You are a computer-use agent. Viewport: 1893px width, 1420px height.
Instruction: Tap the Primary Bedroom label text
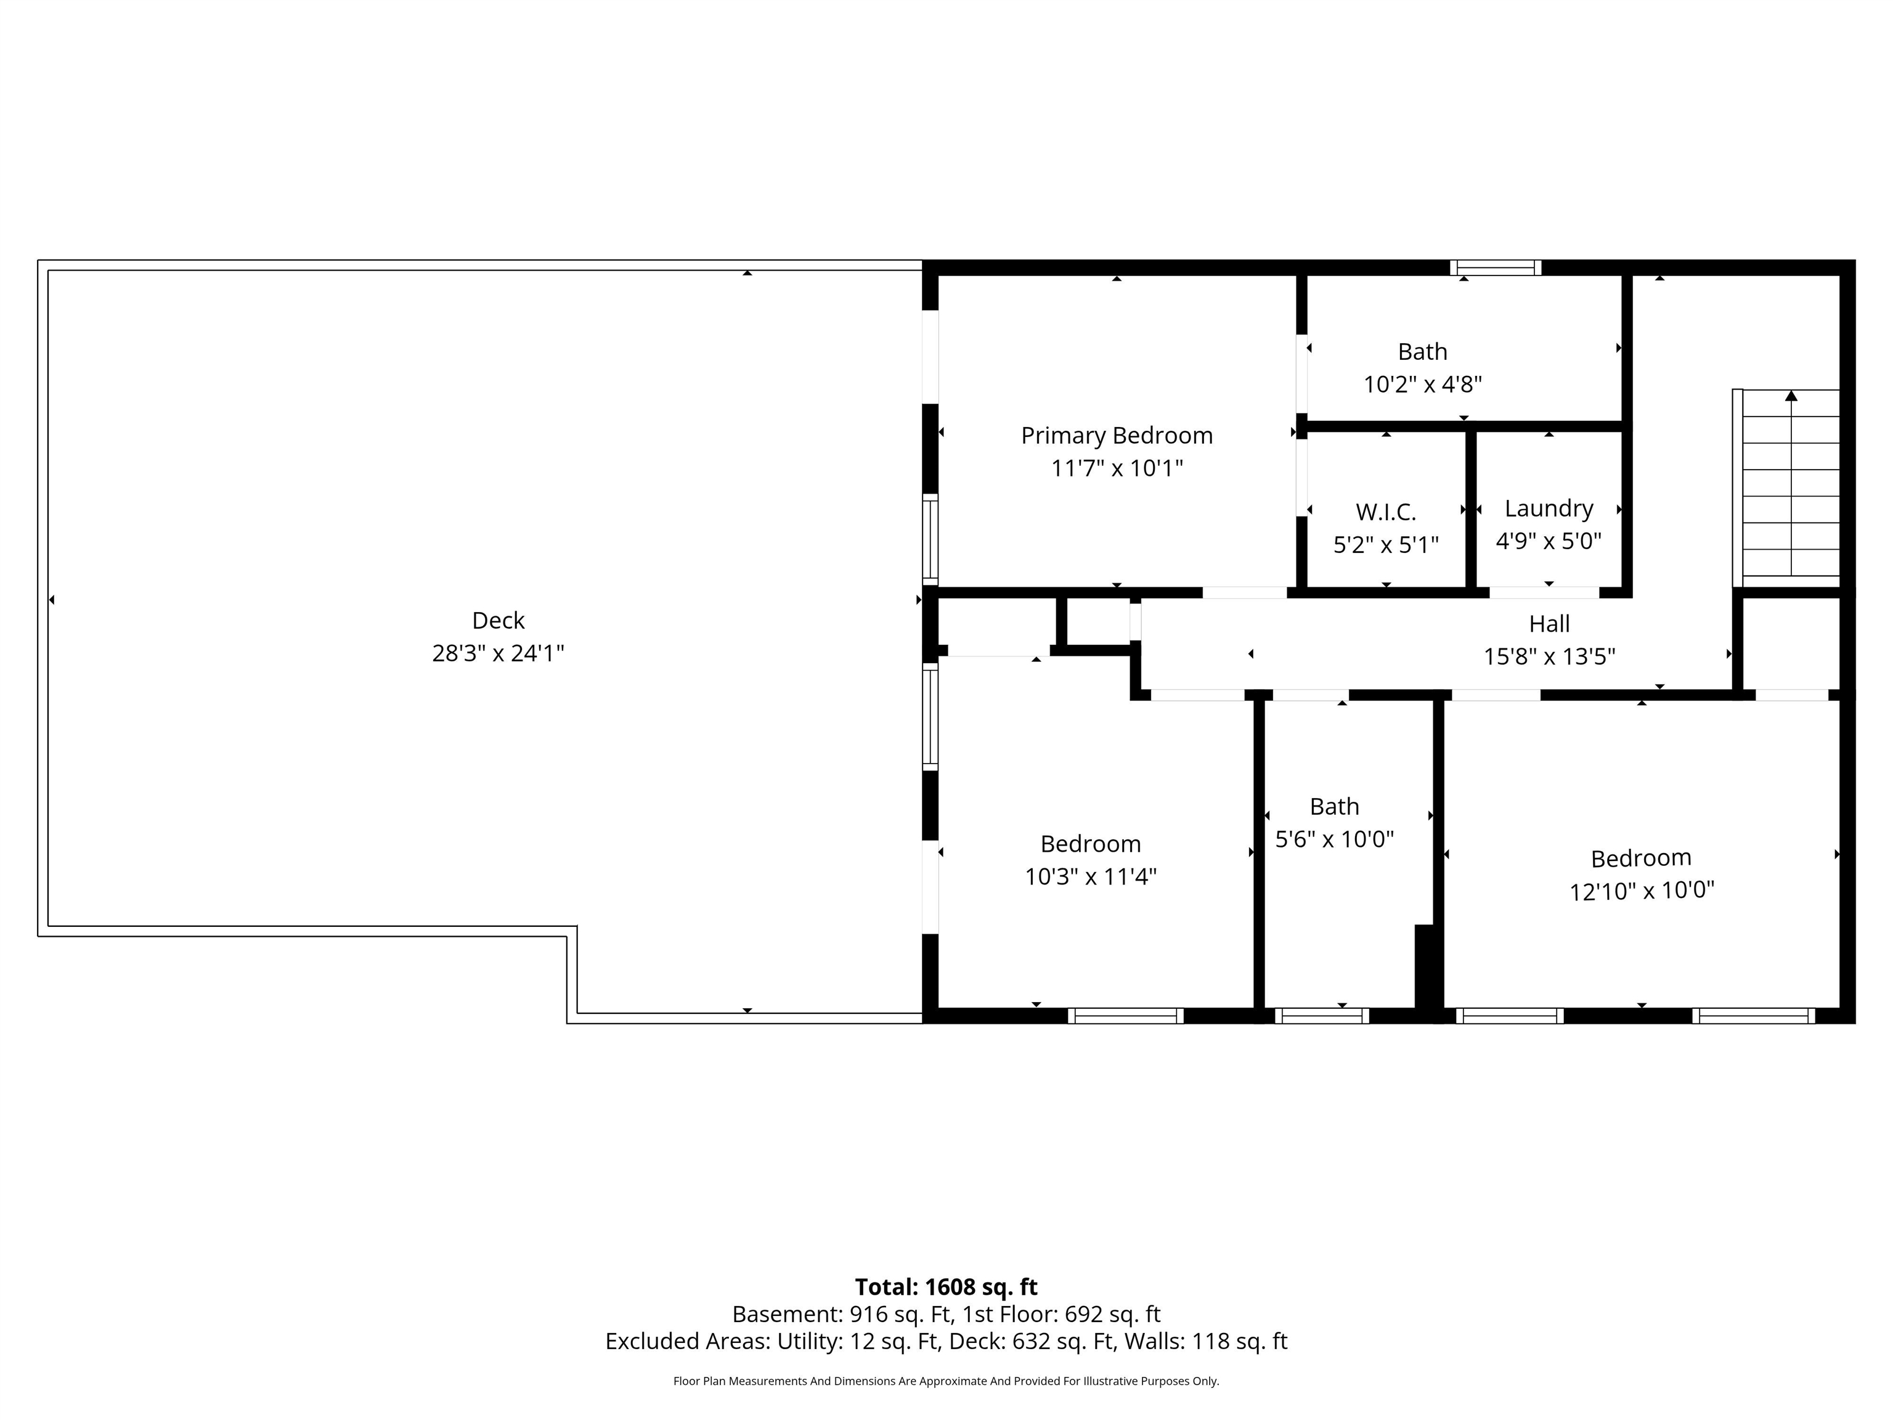[x=1117, y=436]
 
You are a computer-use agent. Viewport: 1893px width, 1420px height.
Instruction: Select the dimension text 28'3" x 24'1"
[x=498, y=653]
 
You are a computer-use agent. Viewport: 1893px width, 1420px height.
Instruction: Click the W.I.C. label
[x=1385, y=512]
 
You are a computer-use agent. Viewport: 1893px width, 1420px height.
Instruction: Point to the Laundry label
[x=1549, y=508]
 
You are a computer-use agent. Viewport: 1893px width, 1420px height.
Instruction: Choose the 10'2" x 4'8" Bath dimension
[x=1422, y=385]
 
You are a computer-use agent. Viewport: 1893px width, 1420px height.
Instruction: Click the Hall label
[x=1550, y=623]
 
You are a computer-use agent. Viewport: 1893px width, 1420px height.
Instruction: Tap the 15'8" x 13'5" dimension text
[x=1550, y=656]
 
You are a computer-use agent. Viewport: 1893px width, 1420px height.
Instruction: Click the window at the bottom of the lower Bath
[x=1322, y=1016]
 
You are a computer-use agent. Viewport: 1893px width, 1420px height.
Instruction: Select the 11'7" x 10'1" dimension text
[x=1117, y=468]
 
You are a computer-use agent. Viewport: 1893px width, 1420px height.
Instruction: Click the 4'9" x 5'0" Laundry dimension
[x=1549, y=541]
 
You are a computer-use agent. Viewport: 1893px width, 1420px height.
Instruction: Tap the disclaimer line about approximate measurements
[x=946, y=1381]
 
